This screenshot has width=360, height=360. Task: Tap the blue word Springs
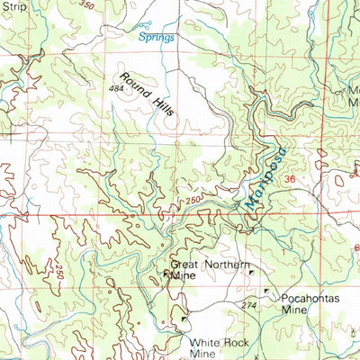click(156, 38)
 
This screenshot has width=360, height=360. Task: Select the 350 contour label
click(85, 5)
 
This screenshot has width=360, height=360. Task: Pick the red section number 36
click(290, 181)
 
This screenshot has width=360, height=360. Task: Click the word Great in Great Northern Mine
click(184, 265)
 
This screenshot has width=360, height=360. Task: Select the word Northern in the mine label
click(223, 265)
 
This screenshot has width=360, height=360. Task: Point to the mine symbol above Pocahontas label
click(266, 290)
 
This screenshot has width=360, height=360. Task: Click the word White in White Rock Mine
click(203, 343)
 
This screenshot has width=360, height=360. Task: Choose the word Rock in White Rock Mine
click(233, 343)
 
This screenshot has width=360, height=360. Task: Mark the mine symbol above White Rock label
click(184, 318)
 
